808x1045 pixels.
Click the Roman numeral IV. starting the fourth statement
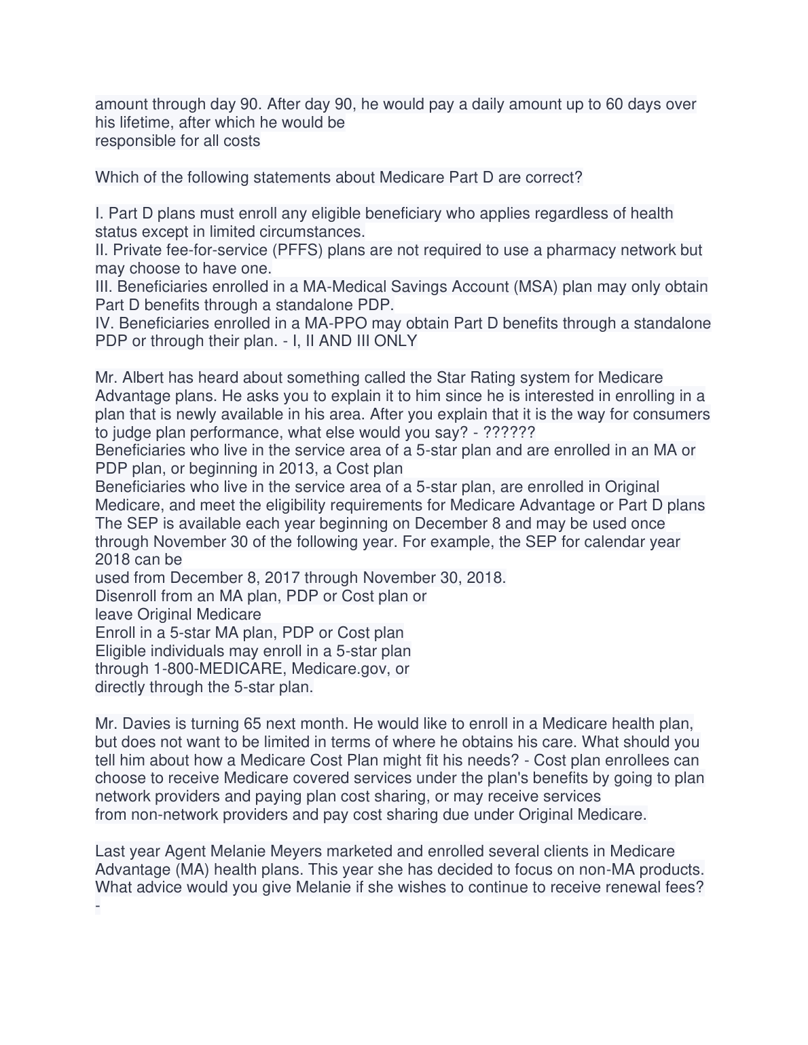(x=105, y=324)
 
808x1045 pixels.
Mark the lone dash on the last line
(x=98, y=906)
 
